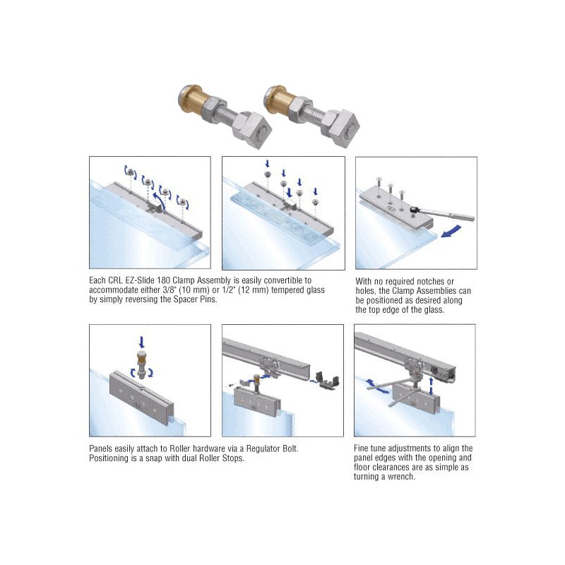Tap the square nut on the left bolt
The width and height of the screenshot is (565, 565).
coord(251,127)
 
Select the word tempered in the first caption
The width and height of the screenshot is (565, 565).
coord(287,290)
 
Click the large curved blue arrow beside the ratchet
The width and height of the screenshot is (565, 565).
coord(451,232)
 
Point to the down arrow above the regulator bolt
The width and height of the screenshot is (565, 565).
coord(142,342)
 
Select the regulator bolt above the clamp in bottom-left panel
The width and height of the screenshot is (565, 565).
coord(143,364)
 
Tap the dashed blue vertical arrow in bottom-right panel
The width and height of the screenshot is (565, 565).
coord(432,386)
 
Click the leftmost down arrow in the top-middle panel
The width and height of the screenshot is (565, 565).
coord(267,164)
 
